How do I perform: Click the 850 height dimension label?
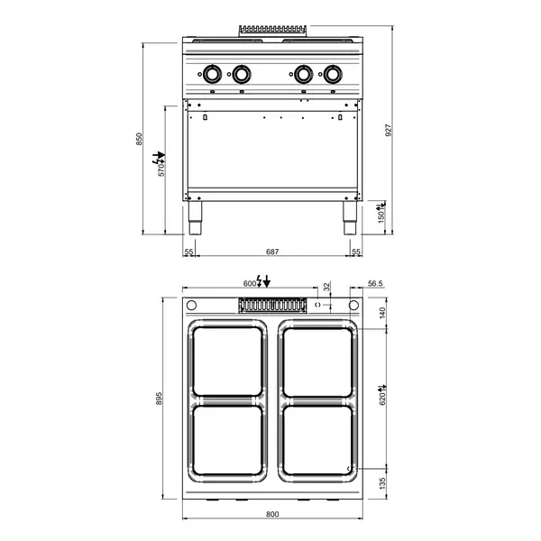[x=139, y=139]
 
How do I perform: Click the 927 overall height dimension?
[x=389, y=130]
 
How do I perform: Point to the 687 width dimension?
[x=272, y=252]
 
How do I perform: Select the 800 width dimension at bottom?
[x=272, y=515]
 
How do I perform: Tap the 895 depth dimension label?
[x=159, y=399]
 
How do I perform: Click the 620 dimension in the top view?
[x=382, y=399]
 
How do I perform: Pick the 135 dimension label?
[x=382, y=483]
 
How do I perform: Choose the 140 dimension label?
[x=382, y=313]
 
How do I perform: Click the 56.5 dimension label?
[x=375, y=284]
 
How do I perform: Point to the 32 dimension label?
[x=326, y=286]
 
